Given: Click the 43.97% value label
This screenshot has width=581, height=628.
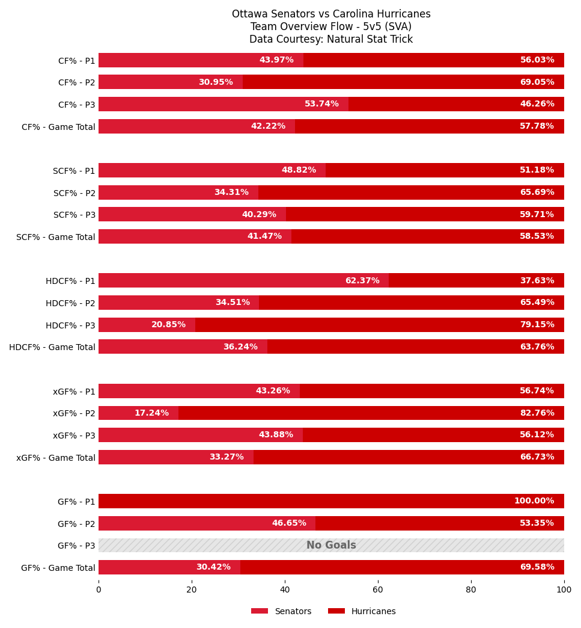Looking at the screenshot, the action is tap(276, 60).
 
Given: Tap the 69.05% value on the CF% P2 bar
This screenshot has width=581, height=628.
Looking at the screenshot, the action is tap(537, 82).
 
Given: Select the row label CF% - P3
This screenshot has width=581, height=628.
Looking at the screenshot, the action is tap(77, 105).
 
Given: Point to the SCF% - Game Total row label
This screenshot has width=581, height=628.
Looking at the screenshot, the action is tap(56, 237).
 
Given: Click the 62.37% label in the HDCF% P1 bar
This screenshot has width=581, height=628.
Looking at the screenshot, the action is tap(362, 280).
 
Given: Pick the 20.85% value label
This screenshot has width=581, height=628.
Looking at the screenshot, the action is tap(168, 324).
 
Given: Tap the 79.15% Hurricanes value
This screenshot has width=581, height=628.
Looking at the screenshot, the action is tap(537, 324).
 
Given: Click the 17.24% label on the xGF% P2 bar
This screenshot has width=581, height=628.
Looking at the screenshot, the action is tap(151, 413).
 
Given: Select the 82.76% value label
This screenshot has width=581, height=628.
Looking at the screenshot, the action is tap(537, 413).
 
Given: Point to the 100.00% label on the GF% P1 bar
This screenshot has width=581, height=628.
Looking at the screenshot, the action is tap(534, 501).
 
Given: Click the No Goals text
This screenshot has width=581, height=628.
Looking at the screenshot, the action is tap(331, 545).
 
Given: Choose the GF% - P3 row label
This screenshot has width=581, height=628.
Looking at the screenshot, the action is tap(76, 546).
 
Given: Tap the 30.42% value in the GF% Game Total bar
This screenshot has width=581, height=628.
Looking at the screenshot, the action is tap(213, 567).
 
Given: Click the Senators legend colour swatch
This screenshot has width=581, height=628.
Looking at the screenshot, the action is tap(260, 611).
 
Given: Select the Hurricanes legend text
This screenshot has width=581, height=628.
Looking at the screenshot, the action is tap(373, 611).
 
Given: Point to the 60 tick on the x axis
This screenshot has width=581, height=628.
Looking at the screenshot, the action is tap(378, 590).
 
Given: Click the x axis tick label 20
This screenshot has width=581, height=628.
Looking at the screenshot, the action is tap(192, 590).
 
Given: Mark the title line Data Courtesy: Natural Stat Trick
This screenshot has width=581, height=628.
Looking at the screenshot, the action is tap(331, 39).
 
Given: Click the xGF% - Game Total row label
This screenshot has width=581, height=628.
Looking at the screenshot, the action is tap(56, 458).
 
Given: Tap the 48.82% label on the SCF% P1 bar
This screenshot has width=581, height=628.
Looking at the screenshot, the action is tap(299, 170).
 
